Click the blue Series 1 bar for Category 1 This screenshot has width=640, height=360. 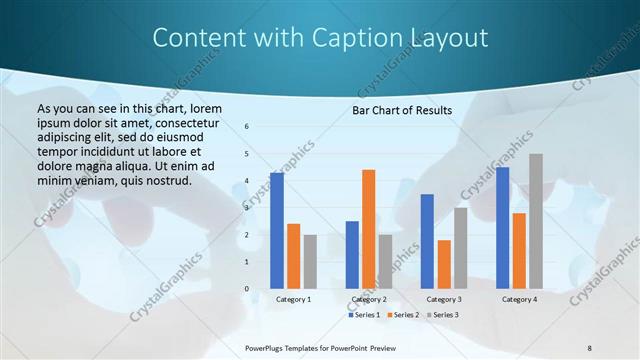[277, 231]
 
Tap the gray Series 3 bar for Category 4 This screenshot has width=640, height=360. [536, 221]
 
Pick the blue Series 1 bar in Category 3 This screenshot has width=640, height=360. [427, 241]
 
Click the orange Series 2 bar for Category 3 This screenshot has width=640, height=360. [444, 264]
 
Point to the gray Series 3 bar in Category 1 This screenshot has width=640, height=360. [310, 262]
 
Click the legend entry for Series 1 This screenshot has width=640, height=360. [364, 315]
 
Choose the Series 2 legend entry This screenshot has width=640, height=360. [402, 315]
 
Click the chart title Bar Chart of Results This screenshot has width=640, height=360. [401, 110]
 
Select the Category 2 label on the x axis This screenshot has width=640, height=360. [369, 299]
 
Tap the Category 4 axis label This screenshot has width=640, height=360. [519, 299]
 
